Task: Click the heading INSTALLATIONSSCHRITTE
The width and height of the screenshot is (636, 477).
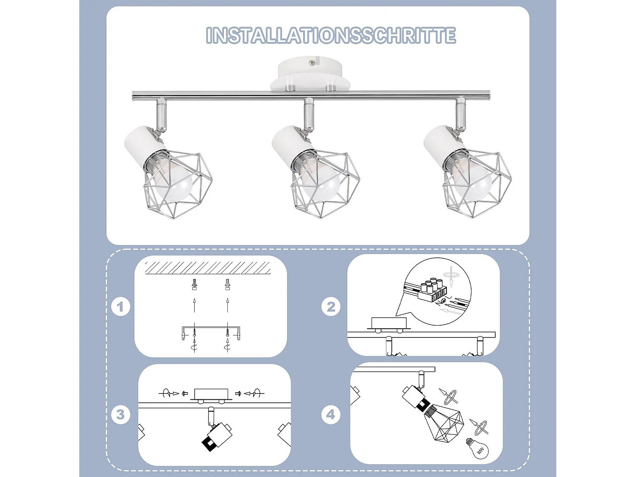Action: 331,35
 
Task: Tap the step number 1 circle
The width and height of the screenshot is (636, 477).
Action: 120,307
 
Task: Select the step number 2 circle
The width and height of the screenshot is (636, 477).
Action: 331,307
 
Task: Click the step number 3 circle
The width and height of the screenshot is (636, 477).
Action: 120,414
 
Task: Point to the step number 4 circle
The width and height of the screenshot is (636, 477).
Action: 331,414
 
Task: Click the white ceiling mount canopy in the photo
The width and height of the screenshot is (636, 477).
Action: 310,74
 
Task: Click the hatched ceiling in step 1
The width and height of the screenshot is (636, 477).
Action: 208,268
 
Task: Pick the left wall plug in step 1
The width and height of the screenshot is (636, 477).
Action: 194,284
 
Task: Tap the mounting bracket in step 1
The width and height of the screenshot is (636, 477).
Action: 210,328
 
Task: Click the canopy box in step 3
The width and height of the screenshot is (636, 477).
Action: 211,394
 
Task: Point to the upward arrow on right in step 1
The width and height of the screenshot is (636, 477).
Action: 228,304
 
